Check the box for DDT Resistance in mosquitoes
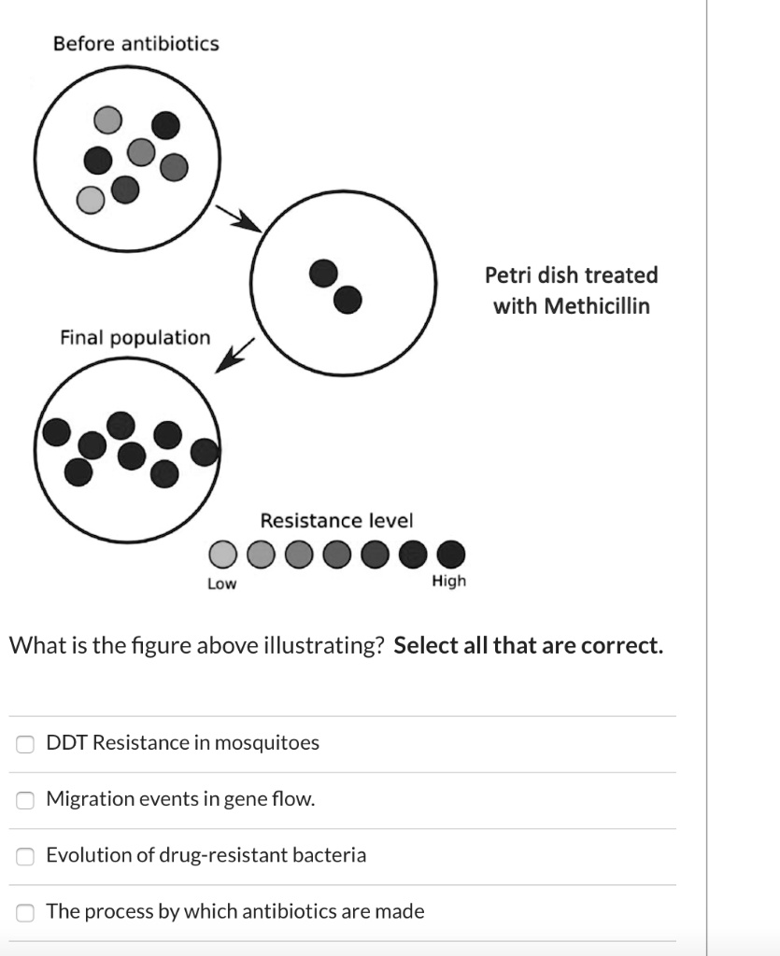click(x=27, y=744)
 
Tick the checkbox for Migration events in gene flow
click(x=27, y=800)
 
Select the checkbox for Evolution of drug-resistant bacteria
click(x=27, y=856)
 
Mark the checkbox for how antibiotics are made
click(x=27, y=912)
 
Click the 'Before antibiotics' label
click(x=135, y=44)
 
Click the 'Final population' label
click(x=135, y=338)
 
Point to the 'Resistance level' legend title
click(x=336, y=520)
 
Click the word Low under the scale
click(x=221, y=583)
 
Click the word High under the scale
click(x=448, y=582)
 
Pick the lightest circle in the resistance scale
click(x=221, y=555)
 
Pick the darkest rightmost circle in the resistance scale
click(x=450, y=555)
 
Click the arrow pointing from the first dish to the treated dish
click(x=237, y=218)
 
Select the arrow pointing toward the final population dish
click(x=234, y=356)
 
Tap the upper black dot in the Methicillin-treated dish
click(x=323, y=273)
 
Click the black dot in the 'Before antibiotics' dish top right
click(x=165, y=125)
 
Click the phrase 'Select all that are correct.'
click(x=529, y=645)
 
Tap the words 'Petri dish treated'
click(x=571, y=275)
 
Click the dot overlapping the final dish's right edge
click(x=205, y=453)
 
